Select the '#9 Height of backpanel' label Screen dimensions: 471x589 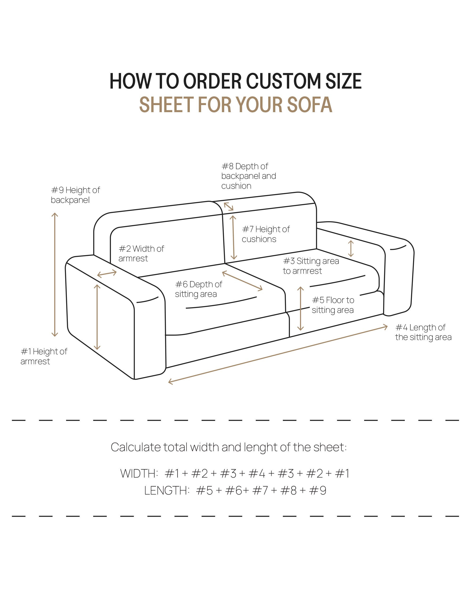point(75,195)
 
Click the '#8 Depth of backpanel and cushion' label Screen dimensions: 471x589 point(248,176)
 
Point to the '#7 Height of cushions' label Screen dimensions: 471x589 point(266,234)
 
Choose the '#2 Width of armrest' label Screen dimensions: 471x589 point(141,254)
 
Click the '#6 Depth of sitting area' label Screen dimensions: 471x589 point(199,289)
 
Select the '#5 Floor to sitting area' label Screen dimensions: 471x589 point(333,305)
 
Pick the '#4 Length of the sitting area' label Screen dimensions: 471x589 point(423,332)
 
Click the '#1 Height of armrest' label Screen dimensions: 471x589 point(44,356)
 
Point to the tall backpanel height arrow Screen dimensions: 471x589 point(55,274)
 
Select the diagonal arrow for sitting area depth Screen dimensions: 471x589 point(242,281)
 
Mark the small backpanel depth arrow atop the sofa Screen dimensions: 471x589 point(228,206)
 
